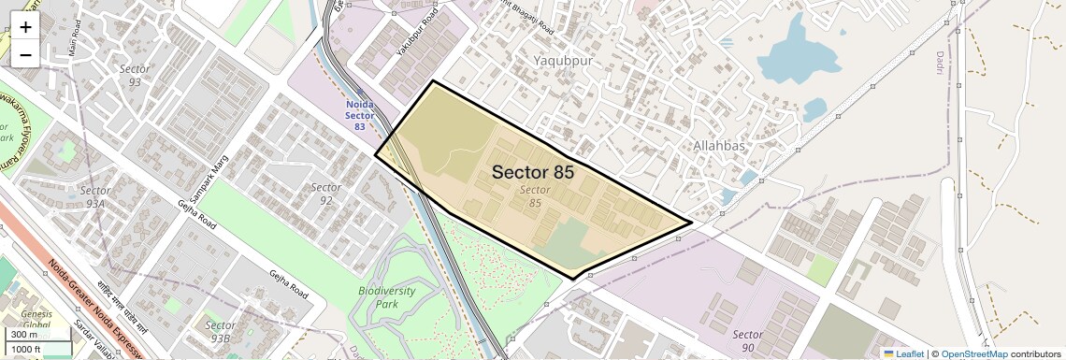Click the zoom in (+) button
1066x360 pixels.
coord(25,27)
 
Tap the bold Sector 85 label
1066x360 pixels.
coord(533,172)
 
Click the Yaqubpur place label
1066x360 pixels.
coord(564,61)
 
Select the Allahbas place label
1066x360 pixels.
coord(719,145)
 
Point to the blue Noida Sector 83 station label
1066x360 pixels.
coord(360,116)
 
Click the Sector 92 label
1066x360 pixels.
coord(326,194)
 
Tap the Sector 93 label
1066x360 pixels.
coord(135,76)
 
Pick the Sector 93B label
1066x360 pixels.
coord(221,331)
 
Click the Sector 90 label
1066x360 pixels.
coord(748,340)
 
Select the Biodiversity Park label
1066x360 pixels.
coord(386,298)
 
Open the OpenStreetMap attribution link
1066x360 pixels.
coord(974,353)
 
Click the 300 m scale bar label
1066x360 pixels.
coord(25,335)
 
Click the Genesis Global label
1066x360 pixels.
coord(37,321)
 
